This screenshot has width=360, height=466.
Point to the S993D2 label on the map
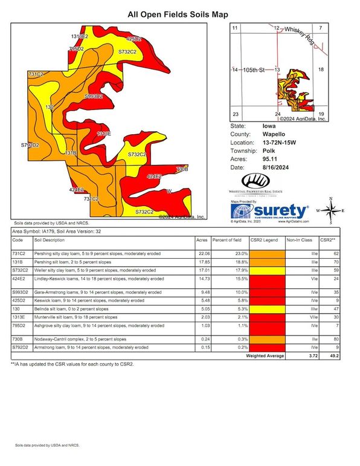[94, 96]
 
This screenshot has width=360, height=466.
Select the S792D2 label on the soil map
[30, 146]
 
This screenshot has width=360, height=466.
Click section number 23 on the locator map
[236, 114]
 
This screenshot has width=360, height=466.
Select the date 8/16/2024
[273, 167]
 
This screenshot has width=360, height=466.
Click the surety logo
[272, 212]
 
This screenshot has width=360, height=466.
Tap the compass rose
[331, 211]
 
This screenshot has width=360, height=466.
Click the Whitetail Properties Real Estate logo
[263, 185]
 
